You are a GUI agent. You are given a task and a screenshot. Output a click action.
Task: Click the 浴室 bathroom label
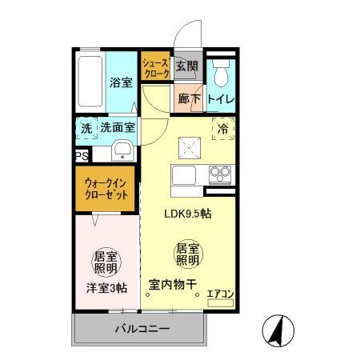[121, 81]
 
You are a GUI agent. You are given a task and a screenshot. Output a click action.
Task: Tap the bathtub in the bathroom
[90, 83]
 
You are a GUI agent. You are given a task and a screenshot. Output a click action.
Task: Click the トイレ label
[220, 99]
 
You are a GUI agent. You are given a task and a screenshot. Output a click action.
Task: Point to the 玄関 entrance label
[186, 66]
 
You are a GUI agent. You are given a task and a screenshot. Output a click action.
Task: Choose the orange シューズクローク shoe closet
[156, 67]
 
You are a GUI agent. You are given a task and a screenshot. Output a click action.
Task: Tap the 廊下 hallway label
[188, 99]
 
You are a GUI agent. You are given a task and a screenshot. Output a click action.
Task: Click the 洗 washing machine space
[86, 127]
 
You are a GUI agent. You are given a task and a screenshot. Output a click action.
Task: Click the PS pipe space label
[81, 157]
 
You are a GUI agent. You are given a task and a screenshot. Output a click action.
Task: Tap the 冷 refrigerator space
[222, 127]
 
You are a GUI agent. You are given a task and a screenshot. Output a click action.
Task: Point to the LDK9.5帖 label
[188, 214]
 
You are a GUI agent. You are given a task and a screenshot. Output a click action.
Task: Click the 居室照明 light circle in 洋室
[106, 262]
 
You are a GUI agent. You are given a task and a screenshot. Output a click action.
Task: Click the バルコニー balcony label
[140, 329]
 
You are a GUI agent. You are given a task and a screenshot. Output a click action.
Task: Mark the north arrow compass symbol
[278, 329]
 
